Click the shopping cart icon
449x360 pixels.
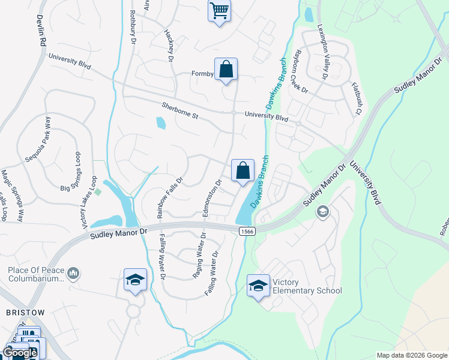pyautogui.click(x=219, y=10)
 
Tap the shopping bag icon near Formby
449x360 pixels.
pyautogui.click(x=226, y=70)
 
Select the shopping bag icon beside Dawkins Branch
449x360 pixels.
pyautogui.click(x=243, y=171)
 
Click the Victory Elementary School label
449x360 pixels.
pyautogui.click(x=307, y=286)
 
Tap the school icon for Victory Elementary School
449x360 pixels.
pyautogui.click(x=258, y=286)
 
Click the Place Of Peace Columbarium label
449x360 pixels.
pyautogui.click(x=35, y=274)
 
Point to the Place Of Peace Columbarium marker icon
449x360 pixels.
pyautogui.click(x=74, y=274)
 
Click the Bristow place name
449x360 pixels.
pyautogui.click(x=25, y=313)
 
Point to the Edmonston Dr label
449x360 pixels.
pyautogui.click(x=212, y=198)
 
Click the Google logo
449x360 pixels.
pyautogui.click(x=20, y=353)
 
